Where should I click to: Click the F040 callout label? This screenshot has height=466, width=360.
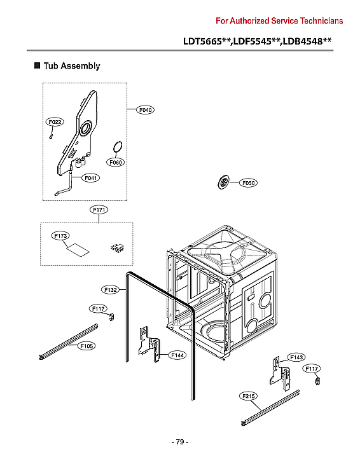coord(146,110)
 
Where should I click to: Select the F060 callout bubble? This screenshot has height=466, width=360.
coord(116,163)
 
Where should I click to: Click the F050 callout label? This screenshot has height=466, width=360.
coord(248,183)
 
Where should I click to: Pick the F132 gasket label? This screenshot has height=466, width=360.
coord(111,290)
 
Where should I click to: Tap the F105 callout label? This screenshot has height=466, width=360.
coord(87,346)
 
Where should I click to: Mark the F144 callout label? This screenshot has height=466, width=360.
coord(177,355)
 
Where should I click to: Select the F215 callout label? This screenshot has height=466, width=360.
coord(249,397)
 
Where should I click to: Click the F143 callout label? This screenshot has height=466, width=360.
coord(296,357)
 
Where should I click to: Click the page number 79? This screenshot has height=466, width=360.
coord(179,442)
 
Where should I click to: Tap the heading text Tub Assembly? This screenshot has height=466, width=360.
coord(71,65)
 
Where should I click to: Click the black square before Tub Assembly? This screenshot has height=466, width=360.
coord(37,65)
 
